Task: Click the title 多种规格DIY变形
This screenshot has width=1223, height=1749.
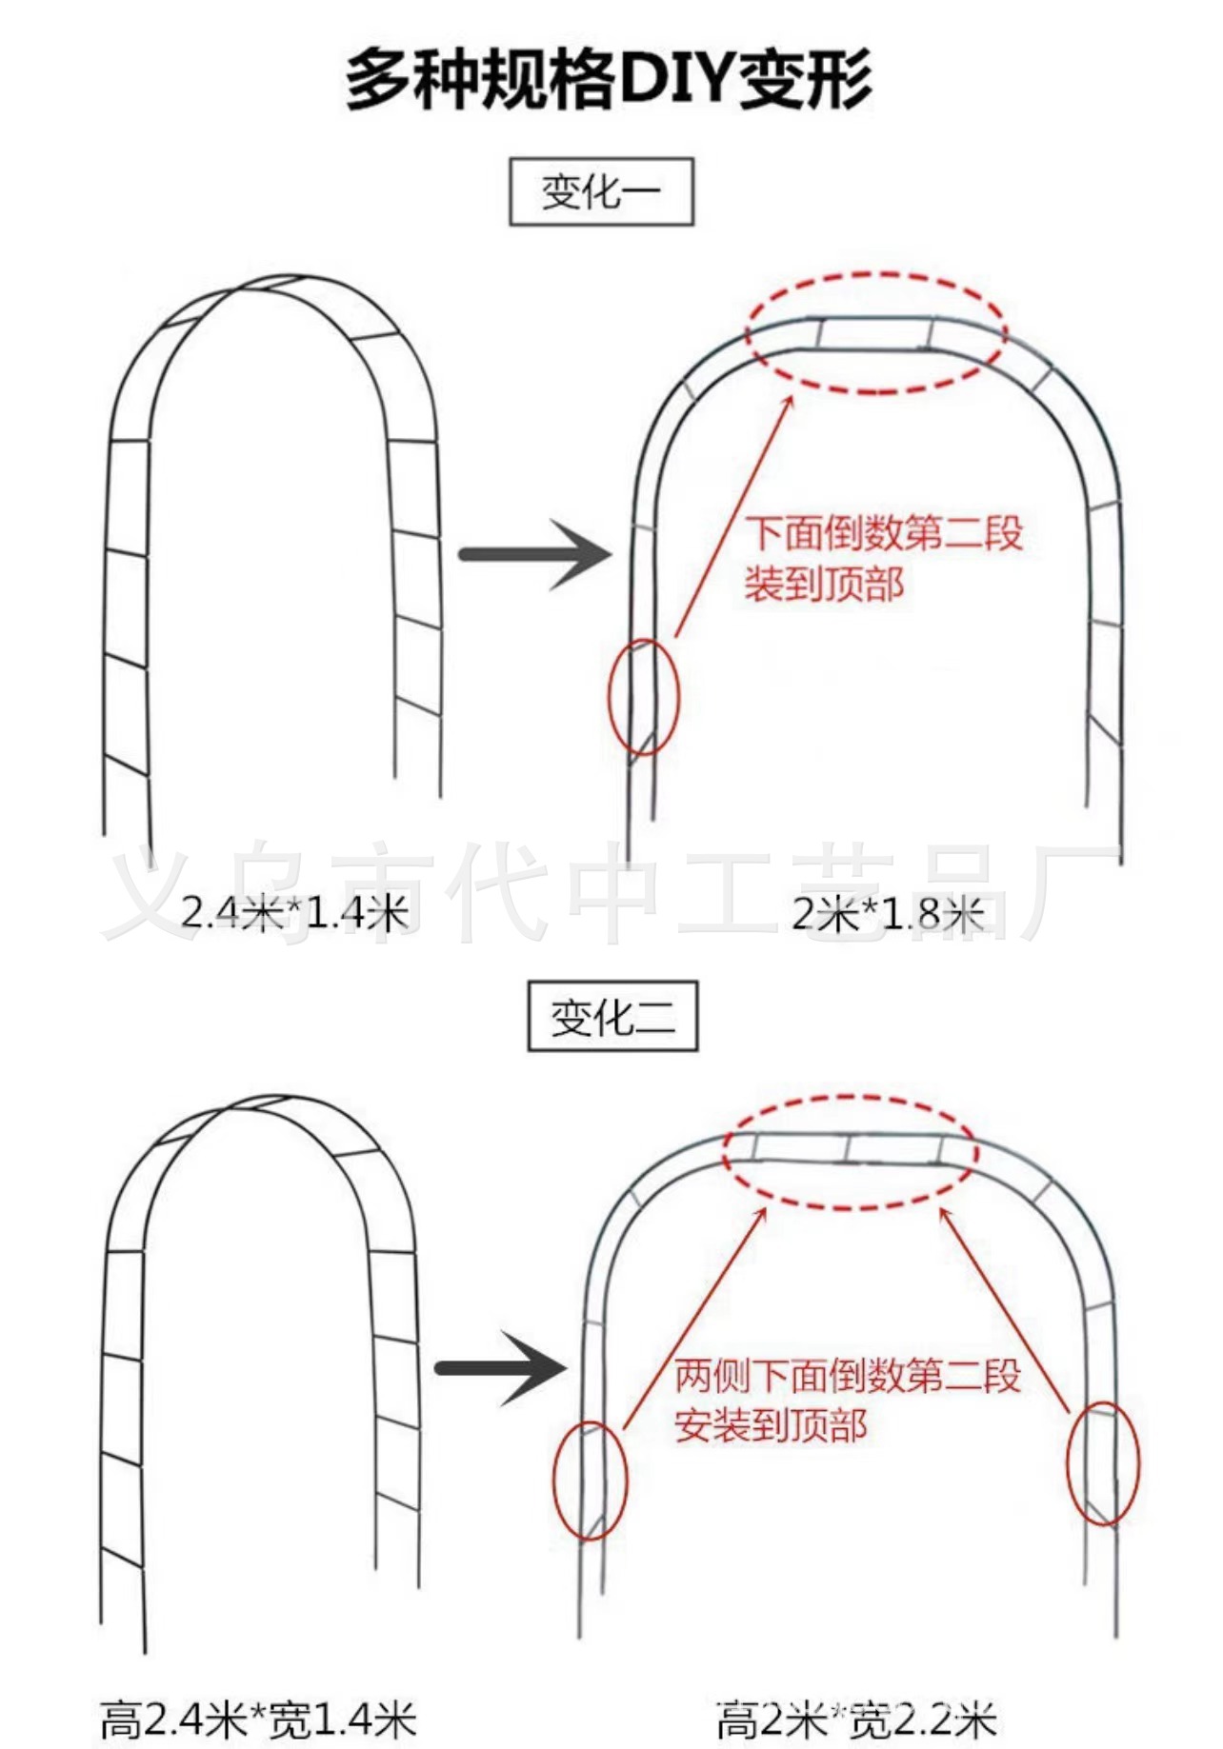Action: click(609, 80)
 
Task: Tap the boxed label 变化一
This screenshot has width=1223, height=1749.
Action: click(601, 193)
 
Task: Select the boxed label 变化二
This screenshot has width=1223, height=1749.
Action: click(612, 1017)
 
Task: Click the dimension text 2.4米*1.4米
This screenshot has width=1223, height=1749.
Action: click(294, 913)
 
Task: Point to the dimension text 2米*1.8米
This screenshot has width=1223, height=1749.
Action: click(886, 914)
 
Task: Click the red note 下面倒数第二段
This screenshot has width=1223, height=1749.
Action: click(883, 533)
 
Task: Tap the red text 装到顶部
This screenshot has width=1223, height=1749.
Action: click(823, 584)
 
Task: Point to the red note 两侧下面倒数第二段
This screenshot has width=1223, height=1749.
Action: click(847, 1376)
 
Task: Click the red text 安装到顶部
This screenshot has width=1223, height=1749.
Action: click(771, 1425)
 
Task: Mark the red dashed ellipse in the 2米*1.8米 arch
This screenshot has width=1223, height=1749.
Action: click(875, 332)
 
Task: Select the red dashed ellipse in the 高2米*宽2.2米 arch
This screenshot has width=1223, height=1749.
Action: click(850, 1152)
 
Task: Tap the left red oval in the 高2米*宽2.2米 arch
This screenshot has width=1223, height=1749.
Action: click(591, 1481)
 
